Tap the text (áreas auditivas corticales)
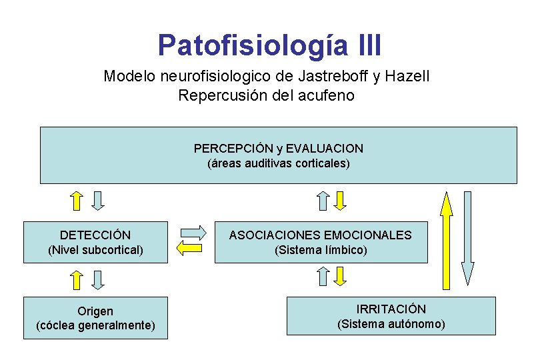pos(278,163)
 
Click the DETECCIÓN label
pos(95,235)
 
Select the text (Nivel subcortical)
pos(95,250)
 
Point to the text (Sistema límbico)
pos(321,250)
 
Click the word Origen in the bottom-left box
pos(95,311)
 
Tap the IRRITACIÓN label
pos(391,309)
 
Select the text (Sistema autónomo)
pos(391,324)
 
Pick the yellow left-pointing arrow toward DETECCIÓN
pos(189,248)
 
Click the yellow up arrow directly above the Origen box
pos(77,280)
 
